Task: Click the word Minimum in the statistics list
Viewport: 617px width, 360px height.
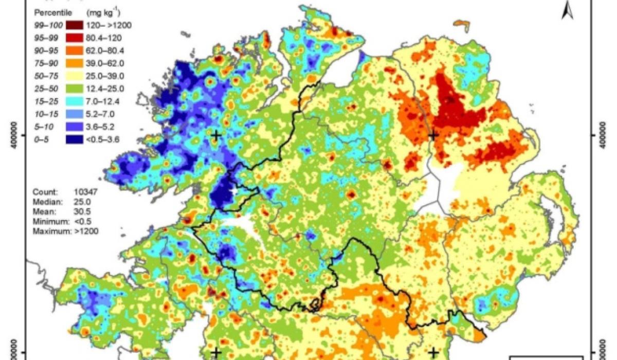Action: pyautogui.click(x=48, y=222)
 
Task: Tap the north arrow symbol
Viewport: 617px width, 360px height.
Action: pyautogui.click(x=568, y=10)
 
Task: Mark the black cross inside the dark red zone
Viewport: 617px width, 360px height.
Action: pyautogui.click(x=433, y=135)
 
